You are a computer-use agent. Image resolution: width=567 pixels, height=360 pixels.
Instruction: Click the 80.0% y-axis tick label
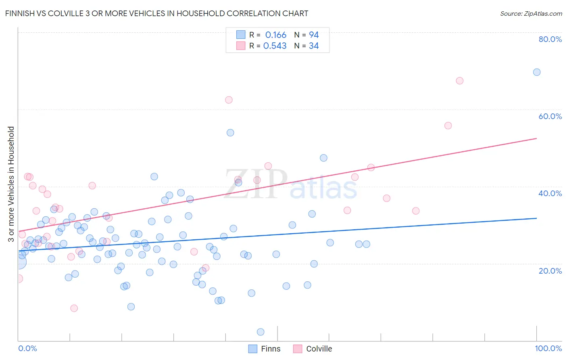[550, 39]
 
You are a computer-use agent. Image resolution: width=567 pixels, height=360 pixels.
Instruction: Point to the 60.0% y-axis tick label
[550, 116]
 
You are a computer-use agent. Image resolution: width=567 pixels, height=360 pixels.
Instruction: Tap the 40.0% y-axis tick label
[550, 193]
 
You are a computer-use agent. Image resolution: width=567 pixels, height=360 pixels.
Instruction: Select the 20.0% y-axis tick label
[550, 271]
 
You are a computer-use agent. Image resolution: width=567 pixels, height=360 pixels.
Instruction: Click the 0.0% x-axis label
[27, 348]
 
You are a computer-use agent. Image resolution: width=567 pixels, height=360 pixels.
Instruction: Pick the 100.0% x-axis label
[548, 348]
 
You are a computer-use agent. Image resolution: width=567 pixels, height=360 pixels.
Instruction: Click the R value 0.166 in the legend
[275, 35]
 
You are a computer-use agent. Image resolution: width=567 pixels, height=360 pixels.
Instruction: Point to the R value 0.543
[275, 46]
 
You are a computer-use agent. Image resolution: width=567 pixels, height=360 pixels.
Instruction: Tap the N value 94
[314, 35]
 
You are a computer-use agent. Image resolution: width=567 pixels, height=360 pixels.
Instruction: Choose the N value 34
[314, 46]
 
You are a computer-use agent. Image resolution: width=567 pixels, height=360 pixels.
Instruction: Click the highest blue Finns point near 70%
[537, 72]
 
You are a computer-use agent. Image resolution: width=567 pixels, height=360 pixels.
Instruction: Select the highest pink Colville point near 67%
[459, 81]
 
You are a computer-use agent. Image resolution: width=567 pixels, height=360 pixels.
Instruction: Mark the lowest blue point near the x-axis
[261, 332]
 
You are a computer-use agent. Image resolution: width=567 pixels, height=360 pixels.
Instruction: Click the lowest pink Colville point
[74, 308]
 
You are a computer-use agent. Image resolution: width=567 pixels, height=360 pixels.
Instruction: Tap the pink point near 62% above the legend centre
[229, 100]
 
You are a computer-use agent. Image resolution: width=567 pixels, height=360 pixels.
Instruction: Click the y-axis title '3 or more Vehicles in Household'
[11, 184]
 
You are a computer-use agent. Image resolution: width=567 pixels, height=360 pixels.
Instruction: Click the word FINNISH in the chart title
[20, 13]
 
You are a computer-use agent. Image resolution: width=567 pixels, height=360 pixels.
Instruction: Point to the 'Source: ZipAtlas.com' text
[531, 13]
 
